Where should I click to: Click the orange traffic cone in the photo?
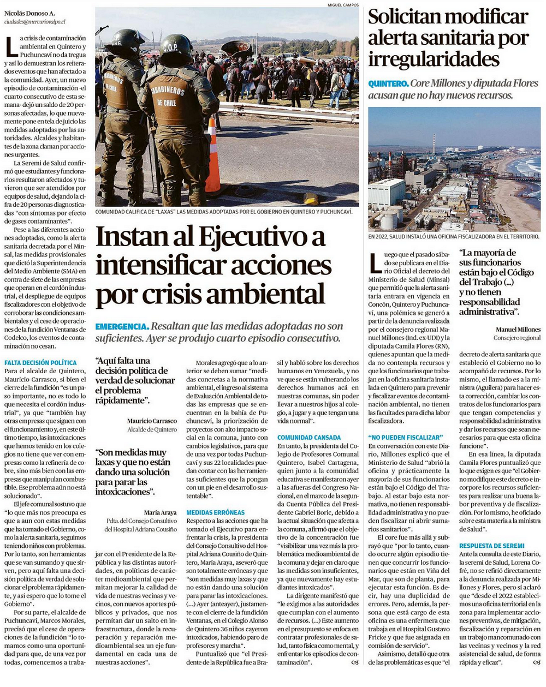(212, 159)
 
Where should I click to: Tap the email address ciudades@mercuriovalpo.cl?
(34, 21)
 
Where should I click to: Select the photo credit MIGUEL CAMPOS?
(343, 5)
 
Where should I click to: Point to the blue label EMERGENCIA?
(121, 326)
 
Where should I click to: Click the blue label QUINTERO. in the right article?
(388, 83)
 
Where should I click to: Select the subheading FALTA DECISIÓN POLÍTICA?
(40, 363)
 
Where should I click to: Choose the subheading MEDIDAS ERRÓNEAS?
(215, 513)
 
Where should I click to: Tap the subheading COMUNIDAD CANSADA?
(308, 438)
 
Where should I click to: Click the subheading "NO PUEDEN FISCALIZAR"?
(405, 438)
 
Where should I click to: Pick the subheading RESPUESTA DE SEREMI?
(491, 546)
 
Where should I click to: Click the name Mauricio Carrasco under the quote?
(152, 421)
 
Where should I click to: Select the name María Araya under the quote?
(160, 513)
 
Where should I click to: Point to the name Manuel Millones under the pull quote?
(518, 330)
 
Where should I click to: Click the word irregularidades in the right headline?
(434, 59)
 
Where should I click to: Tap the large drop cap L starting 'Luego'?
(375, 262)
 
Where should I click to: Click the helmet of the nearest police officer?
(176, 47)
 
